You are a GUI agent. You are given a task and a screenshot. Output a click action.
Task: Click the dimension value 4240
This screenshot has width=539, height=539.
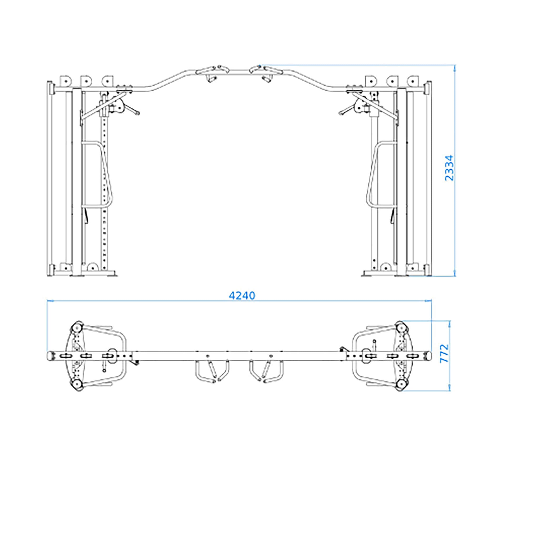pos(242,295)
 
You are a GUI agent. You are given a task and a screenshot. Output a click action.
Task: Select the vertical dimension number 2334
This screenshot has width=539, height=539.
pos(450,168)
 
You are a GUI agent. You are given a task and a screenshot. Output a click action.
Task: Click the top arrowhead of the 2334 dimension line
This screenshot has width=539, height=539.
pos(455,67)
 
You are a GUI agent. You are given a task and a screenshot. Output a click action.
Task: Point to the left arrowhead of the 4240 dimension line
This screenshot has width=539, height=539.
pos(50,301)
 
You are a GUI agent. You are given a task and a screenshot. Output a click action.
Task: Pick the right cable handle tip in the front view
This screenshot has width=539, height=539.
pos(341,113)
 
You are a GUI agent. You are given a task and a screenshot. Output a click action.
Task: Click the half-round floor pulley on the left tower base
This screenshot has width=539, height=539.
pos(92,266)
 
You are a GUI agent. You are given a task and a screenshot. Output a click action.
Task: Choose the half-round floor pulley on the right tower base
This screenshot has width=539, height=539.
pos(386,266)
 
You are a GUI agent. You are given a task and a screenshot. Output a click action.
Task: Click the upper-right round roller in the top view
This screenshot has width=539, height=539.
pos(401,327)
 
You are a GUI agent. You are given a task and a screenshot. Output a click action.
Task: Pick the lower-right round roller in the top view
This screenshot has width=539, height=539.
pos(401,385)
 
